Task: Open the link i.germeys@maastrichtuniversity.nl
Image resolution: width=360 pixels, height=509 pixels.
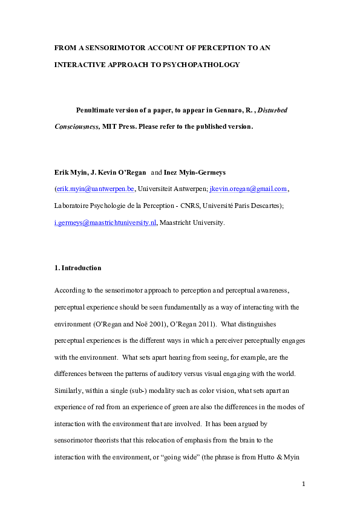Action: coord(105,222)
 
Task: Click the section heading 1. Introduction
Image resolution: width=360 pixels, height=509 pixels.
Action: coord(77,268)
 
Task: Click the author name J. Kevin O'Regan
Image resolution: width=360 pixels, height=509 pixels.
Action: coord(116,172)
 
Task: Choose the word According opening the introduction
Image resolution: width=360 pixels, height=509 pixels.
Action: coord(70,290)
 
